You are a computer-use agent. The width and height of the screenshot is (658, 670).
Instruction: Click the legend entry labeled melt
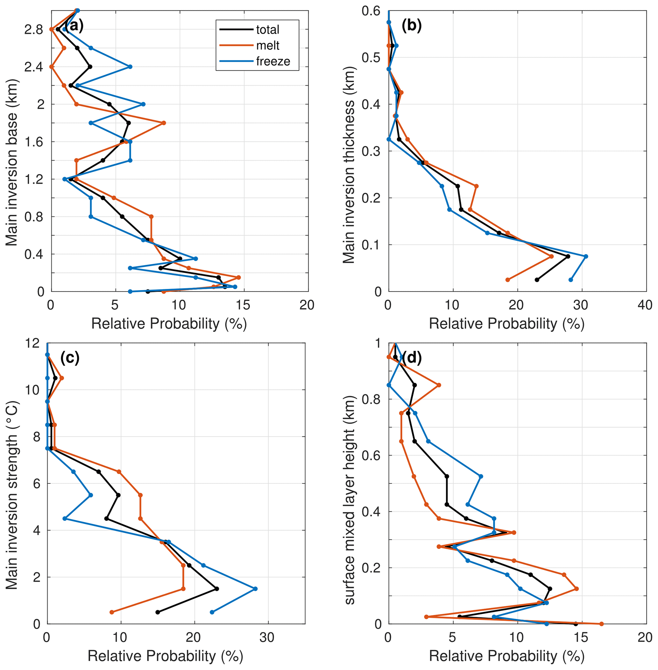pyautogui.click(x=267, y=46)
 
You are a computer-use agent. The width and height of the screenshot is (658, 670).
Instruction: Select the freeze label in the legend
pyautogui.click(x=273, y=61)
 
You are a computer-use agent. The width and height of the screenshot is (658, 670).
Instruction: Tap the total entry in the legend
pyautogui.click(x=267, y=30)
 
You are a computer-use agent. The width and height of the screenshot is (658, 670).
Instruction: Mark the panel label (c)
pyautogui.click(x=70, y=358)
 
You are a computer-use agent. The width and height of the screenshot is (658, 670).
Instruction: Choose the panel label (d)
pyautogui.click(x=411, y=358)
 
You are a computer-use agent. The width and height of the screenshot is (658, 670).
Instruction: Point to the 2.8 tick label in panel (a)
pyautogui.click(x=33, y=30)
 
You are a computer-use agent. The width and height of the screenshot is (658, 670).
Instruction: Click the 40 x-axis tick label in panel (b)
pyautogui.click(x=645, y=305)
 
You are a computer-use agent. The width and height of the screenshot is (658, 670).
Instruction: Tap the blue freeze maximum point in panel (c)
pyautogui.click(x=255, y=588)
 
